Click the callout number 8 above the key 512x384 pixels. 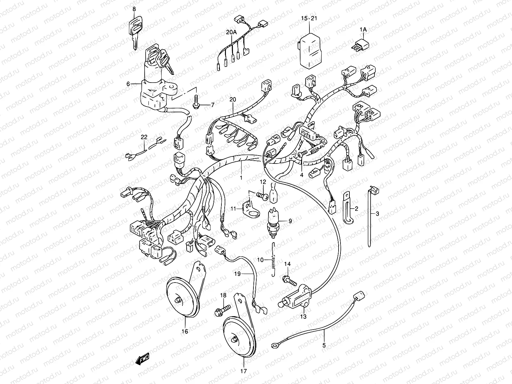coord(134,9)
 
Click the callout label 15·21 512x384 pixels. coord(309,19)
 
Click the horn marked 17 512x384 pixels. coord(239,332)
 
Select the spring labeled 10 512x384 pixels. coord(273,259)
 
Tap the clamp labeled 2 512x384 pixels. coord(348,207)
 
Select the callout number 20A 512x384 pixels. coord(231,32)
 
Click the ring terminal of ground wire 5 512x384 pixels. coord(275,345)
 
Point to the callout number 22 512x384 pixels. coord(144,137)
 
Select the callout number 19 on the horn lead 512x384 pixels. coord(237,274)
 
